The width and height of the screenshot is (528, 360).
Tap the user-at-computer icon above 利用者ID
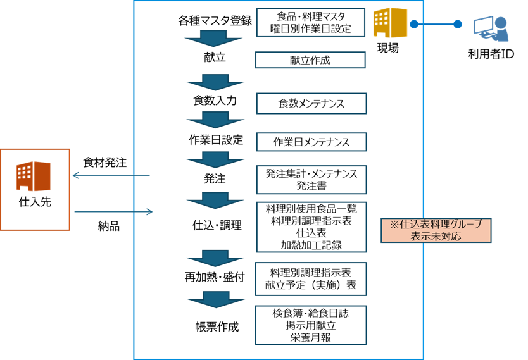(x=490, y=29)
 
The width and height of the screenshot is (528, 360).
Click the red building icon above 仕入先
(x=34, y=177)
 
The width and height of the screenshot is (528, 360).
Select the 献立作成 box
(x=310, y=60)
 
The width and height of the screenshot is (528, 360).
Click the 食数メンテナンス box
(x=311, y=102)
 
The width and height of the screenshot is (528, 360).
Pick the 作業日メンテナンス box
(x=311, y=142)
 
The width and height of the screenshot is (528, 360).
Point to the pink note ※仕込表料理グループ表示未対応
(x=436, y=230)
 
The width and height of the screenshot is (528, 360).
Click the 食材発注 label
(x=105, y=163)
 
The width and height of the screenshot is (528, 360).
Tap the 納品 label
(x=108, y=225)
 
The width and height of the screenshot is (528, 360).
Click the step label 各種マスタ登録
(x=215, y=21)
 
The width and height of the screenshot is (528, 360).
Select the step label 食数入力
(x=215, y=101)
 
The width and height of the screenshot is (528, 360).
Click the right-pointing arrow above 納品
(x=114, y=212)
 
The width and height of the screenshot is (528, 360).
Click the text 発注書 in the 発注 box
(x=310, y=186)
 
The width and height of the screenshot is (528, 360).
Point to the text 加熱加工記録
(x=310, y=245)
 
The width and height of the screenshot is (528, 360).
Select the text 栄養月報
(x=310, y=337)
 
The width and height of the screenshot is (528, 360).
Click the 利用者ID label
(x=490, y=54)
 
